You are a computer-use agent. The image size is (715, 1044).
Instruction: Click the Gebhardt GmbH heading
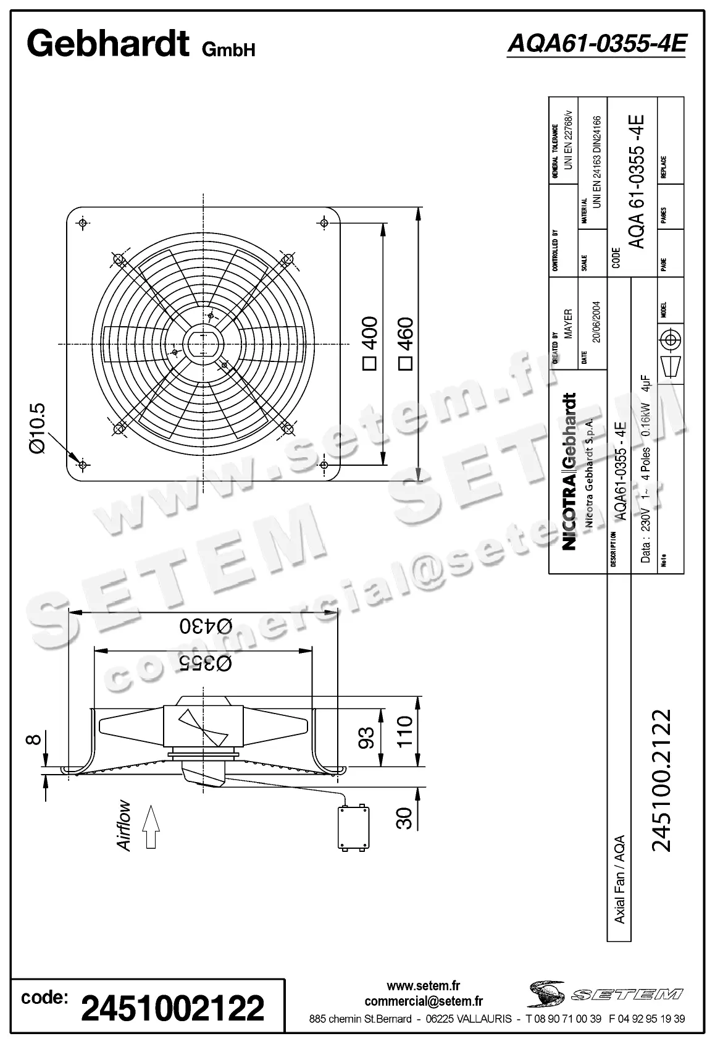point(141,44)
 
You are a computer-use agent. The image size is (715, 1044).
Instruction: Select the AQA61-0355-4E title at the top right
point(596,43)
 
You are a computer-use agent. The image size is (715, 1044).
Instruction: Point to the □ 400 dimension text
point(369,342)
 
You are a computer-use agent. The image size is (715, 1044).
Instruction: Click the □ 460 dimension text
point(406,342)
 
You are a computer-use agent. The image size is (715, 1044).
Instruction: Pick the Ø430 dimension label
point(206,625)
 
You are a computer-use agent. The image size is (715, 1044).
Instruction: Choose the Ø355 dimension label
point(206,663)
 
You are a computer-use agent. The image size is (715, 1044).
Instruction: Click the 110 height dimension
point(404,732)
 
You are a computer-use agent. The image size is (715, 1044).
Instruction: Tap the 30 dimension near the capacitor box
point(404,818)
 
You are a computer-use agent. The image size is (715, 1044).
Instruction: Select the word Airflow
point(124,825)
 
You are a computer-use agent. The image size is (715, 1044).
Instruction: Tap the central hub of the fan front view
point(203,343)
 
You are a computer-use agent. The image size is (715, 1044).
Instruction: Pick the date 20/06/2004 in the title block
point(597,321)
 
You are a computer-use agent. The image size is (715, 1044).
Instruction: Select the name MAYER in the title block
point(569,323)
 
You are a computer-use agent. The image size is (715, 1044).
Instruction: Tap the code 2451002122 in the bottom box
point(173,1008)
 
